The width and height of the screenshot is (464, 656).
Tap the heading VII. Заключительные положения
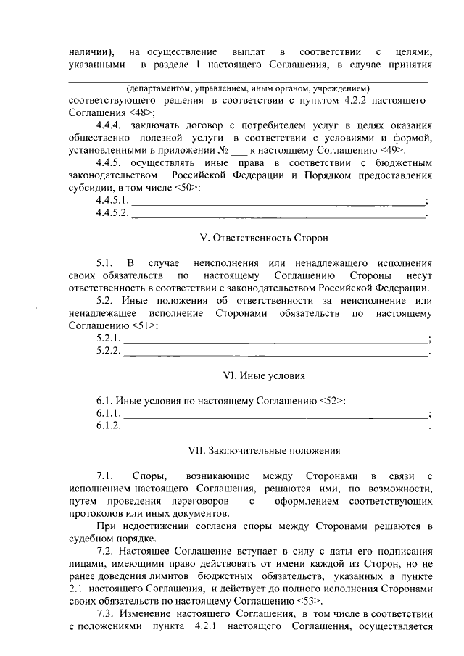(263, 450)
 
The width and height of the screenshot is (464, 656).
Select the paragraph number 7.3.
(105, 614)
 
